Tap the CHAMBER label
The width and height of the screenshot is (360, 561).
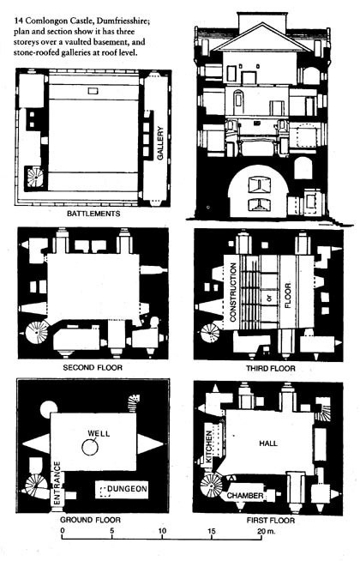coord(244,495)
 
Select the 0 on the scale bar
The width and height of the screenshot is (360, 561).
coord(62,531)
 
